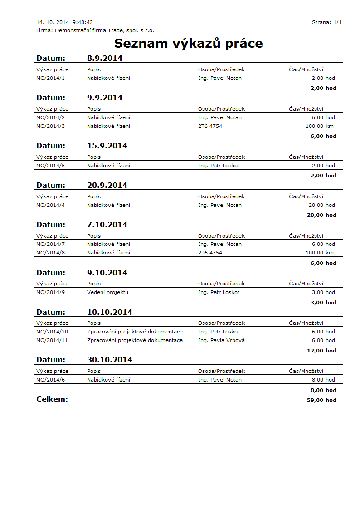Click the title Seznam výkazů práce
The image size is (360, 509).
[x=188, y=44]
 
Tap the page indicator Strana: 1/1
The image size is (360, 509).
[x=326, y=22]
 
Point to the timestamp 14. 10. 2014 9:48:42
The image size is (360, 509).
[x=64, y=22]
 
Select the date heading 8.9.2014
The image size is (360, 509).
[x=104, y=58]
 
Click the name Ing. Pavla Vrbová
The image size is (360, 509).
[x=221, y=340]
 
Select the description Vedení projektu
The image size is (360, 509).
[x=107, y=292]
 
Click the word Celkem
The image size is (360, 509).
[x=52, y=399]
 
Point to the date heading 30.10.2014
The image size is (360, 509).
[x=109, y=360]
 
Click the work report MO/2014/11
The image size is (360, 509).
[x=52, y=340]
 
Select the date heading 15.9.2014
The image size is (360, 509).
[x=107, y=146]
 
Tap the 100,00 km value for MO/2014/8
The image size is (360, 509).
[x=320, y=253]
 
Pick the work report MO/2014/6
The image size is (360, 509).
[x=50, y=380]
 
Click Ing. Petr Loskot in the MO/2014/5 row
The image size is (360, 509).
[x=219, y=166]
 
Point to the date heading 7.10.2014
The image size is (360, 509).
[x=107, y=225]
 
